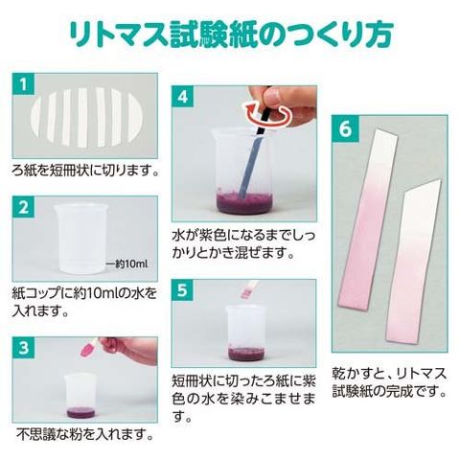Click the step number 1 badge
(23, 84)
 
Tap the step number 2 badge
(23, 207)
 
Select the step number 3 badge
(23, 348)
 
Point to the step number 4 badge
(182, 97)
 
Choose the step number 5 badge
(182, 290)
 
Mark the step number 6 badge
(345, 128)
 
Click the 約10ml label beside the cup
(126, 264)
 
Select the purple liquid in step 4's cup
(244, 203)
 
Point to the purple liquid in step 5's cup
(247, 353)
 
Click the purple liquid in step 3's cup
(80, 412)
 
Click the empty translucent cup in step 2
(80, 240)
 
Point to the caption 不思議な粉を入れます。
(85, 434)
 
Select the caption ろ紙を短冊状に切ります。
(85, 171)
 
